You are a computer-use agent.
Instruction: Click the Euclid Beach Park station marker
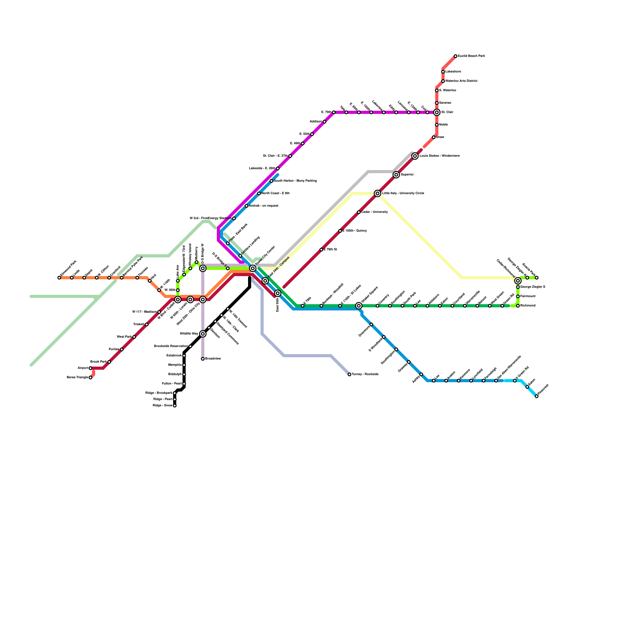(x=456, y=56)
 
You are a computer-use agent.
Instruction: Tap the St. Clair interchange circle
(x=437, y=112)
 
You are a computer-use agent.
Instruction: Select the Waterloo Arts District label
(x=461, y=81)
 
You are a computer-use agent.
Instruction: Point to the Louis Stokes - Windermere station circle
(x=415, y=156)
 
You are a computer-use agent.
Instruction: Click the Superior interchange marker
(x=396, y=175)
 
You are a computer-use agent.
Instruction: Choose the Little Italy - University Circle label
(x=403, y=193)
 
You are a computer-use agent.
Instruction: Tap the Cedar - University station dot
(x=359, y=212)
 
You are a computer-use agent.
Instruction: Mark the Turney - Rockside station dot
(x=349, y=374)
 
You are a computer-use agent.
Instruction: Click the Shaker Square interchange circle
(x=359, y=306)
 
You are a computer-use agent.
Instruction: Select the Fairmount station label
(x=528, y=296)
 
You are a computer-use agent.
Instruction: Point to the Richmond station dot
(x=518, y=306)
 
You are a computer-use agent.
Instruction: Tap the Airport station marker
(x=90, y=368)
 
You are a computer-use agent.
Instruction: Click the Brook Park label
(x=98, y=362)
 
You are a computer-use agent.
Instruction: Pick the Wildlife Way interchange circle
(x=203, y=334)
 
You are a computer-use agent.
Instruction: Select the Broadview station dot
(x=203, y=359)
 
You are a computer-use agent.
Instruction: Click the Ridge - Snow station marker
(x=175, y=406)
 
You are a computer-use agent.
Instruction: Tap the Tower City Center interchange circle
(x=253, y=268)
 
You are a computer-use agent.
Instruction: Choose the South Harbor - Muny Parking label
(x=295, y=181)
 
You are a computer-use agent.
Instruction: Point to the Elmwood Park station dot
(x=59, y=278)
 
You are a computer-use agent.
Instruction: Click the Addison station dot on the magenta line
(x=324, y=122)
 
